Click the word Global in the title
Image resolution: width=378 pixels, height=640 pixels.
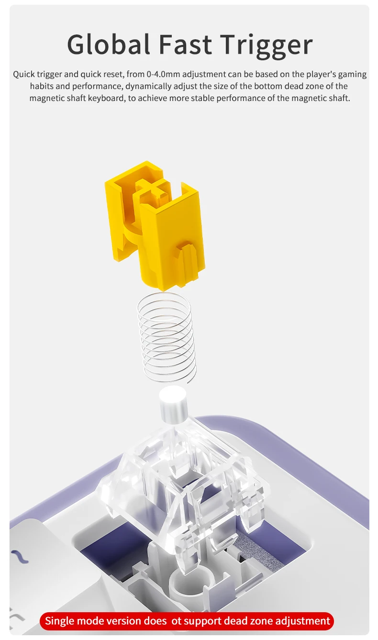click(x=109, y=45)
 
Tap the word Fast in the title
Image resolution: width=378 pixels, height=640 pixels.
click(x=185, y=45)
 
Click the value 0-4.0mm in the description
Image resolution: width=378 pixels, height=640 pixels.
click(x=163, y=74)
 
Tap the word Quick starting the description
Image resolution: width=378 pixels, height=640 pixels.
click(x=24, y=74)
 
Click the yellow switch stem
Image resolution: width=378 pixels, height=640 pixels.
click(x=155, y=225)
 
